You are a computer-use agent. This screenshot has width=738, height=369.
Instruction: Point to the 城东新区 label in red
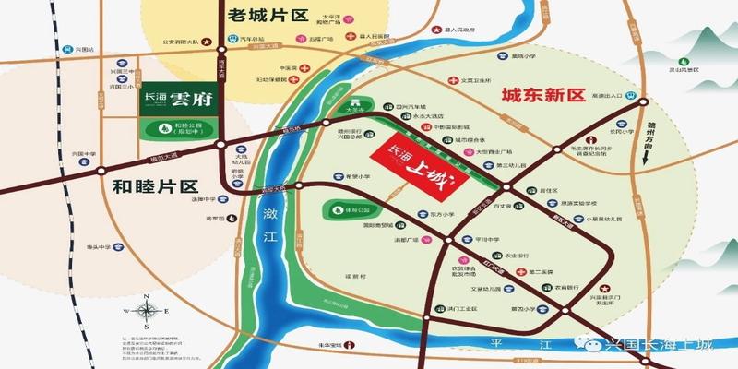pyautogui.click(x=544, y=97)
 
